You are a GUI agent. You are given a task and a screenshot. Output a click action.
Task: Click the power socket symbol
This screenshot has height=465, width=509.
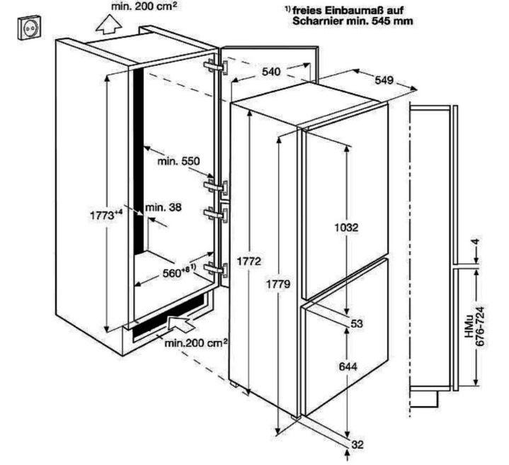click(30, 28)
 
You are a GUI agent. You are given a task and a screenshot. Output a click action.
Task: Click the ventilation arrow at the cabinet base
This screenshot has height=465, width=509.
click(180, 323)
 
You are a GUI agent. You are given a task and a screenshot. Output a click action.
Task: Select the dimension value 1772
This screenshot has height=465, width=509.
click(248, 261)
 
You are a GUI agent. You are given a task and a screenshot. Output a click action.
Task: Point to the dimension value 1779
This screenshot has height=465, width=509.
click(278, 284)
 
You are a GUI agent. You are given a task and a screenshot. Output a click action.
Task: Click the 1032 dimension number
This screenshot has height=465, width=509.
click(346, 228)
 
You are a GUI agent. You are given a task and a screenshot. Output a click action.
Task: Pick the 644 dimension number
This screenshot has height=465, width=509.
click(348, 366)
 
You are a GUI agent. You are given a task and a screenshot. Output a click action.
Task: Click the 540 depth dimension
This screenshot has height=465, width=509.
click(271, 72)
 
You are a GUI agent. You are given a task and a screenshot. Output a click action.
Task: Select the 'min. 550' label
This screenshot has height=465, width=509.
click(178, 161)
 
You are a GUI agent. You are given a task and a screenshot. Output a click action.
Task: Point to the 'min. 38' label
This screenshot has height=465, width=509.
click(164, 207)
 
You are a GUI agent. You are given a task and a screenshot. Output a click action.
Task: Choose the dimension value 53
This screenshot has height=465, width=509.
click(357, 324)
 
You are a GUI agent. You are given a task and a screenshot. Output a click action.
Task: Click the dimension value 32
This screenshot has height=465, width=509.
click(358, 444)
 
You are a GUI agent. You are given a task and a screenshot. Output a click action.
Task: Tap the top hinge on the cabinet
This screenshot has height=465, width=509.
click(215, 67)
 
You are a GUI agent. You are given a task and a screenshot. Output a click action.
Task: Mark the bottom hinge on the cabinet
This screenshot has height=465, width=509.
click(215, 269)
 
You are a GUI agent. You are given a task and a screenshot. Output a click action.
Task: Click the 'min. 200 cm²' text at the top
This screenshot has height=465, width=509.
click(144, 6)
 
